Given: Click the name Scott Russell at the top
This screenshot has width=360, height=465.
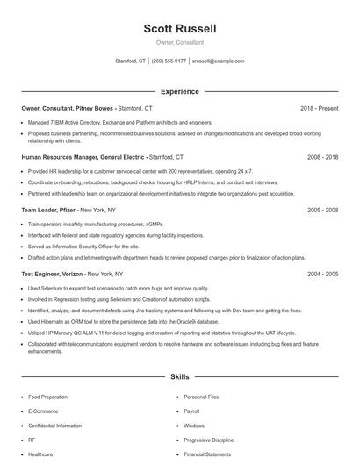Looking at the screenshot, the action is click(179, 29).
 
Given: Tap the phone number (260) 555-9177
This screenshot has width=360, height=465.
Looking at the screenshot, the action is click(169, 61).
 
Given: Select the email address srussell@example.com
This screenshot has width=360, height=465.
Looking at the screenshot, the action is click(218, 61).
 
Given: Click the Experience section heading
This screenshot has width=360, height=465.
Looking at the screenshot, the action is click(179, 91).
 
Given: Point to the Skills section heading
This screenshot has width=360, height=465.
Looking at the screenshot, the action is click(179, 377).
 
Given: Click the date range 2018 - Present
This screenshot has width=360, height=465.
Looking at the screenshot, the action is click(319, 108).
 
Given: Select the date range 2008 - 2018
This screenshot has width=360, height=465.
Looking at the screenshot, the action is click(322, 157).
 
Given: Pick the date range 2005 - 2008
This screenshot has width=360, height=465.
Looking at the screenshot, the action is click(322, 211).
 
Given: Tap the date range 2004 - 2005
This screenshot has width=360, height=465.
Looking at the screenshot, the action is click(322, 274).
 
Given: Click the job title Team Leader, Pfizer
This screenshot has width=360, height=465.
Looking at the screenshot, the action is click(49, 211).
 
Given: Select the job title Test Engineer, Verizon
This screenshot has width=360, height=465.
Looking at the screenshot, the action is click(52, 274).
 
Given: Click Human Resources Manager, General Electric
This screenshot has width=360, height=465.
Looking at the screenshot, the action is click(83, 157).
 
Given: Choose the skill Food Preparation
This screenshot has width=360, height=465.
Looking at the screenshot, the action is click(47, 397).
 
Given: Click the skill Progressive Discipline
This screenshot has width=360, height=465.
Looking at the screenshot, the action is click(208, 440).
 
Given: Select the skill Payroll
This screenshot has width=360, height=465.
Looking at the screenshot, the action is click(191, 411).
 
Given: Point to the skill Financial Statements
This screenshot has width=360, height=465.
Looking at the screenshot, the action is click(207, 454).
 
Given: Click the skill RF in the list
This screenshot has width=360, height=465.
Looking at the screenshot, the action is click(32, 440).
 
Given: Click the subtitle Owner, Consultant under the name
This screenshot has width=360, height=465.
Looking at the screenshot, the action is click(179, 42).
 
